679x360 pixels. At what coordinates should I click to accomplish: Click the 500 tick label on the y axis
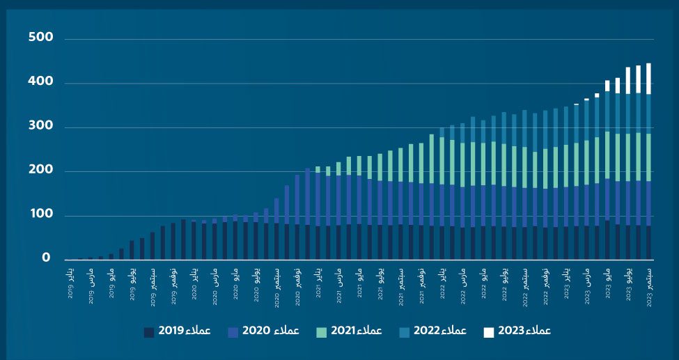coord(40,38)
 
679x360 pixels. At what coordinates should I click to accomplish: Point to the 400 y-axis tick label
coord(40,82)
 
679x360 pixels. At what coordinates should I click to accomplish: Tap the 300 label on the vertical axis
coord(40,127)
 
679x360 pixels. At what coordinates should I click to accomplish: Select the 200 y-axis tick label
coord(40,171)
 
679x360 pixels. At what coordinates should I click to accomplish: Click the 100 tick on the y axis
coord(40,215)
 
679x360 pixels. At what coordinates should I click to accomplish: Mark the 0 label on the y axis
coord(46,258)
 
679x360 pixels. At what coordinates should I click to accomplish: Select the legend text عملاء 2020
coord(270,331)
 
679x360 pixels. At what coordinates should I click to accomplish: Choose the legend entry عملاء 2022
coord(437,331)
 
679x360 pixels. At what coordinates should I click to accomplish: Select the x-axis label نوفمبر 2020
coord(297,285)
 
